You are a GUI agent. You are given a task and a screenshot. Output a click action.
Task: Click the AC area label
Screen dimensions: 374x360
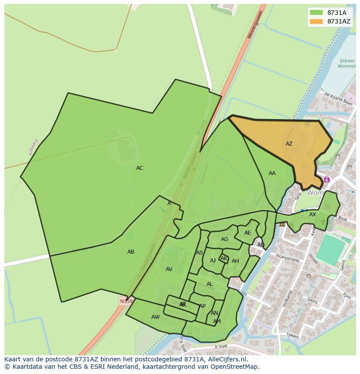[140, 168]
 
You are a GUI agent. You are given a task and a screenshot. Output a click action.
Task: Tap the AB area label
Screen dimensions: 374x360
[131, 252]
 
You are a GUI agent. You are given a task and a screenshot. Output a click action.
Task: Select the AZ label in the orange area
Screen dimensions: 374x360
[289, 144]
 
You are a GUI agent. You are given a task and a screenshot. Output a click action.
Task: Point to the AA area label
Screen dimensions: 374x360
[272, 173]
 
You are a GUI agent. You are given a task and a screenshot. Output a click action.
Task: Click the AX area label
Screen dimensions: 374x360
[313, 215]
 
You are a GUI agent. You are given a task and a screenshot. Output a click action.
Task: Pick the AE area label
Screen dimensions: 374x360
[248, 233]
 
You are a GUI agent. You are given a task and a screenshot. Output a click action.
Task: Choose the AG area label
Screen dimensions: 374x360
[224, 239]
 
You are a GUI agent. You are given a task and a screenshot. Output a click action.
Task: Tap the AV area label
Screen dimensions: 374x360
[169, 269]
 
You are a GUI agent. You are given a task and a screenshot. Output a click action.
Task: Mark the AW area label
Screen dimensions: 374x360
[156, 317]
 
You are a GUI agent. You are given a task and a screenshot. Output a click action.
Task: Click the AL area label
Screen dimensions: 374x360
[210, 284]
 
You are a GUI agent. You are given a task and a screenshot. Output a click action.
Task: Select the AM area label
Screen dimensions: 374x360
[217, 321]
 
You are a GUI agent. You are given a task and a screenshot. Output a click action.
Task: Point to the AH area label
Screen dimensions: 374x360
[235, 261]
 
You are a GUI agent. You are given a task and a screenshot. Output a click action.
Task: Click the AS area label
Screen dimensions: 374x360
[200, 253]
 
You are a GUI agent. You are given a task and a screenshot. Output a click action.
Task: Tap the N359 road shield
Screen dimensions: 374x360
[126, 301]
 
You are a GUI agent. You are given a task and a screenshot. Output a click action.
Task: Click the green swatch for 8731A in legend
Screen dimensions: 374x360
[316, 13]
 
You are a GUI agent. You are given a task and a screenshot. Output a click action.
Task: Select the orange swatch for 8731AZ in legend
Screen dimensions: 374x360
[316, 21]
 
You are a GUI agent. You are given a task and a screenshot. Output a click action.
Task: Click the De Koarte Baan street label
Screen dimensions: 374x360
[338, 99]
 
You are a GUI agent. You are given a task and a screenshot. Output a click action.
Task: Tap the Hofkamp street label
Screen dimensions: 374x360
[287, 298]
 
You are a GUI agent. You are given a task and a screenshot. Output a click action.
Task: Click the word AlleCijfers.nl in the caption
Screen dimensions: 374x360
[227, 359]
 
